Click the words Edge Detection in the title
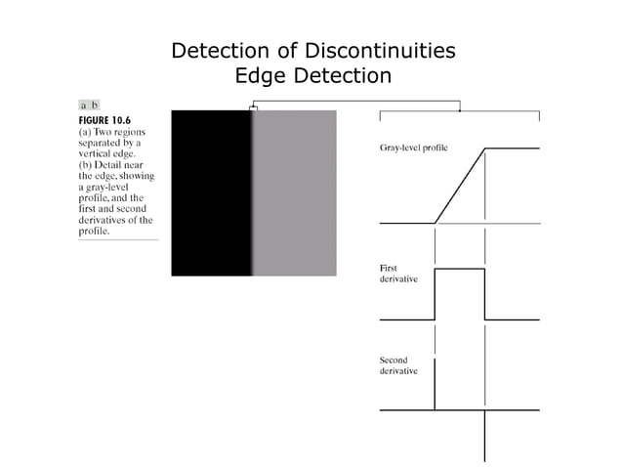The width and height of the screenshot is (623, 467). [x=312, y=75]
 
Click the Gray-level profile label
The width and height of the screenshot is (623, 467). [x=413, y=149]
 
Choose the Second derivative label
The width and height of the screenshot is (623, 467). [x=399, y=365]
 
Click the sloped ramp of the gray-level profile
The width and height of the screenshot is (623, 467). [x=460, y=186]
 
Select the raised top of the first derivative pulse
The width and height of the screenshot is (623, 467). [x=459, y=268]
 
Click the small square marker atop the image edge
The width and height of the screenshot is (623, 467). [x=253, y=108]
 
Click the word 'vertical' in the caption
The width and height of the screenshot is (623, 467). [x=96, y=153]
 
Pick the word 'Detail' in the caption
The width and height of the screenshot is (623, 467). [x=106, y=164]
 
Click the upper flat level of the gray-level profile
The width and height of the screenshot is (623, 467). [x=512, y=148]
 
